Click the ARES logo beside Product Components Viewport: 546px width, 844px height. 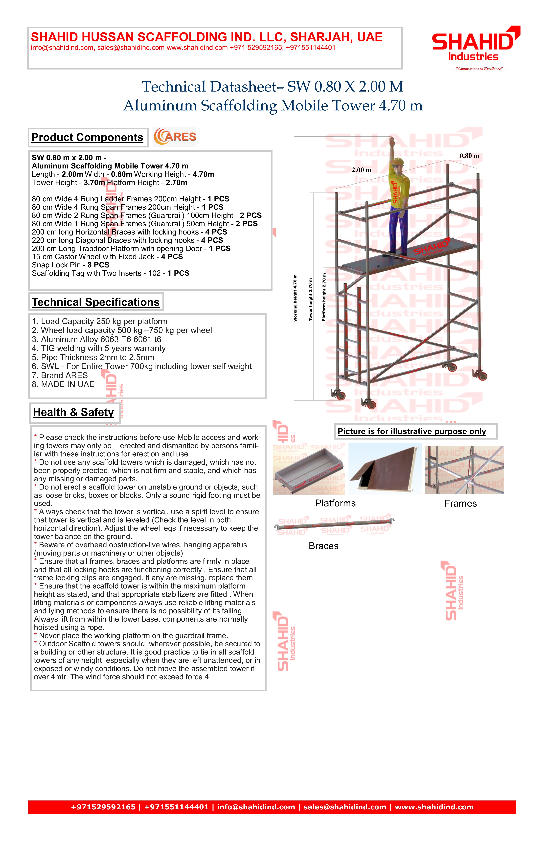175,137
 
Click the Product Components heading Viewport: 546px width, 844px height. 87,137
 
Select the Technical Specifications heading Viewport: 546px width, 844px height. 96,302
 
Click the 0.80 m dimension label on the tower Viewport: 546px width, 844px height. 469,156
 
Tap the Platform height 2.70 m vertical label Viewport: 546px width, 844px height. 324,297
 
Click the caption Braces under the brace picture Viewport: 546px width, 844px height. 323,546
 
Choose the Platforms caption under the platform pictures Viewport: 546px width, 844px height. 335,503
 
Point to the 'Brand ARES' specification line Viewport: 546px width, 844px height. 60,375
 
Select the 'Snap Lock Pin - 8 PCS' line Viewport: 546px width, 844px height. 70,265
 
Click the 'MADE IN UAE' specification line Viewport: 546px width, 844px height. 63,384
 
